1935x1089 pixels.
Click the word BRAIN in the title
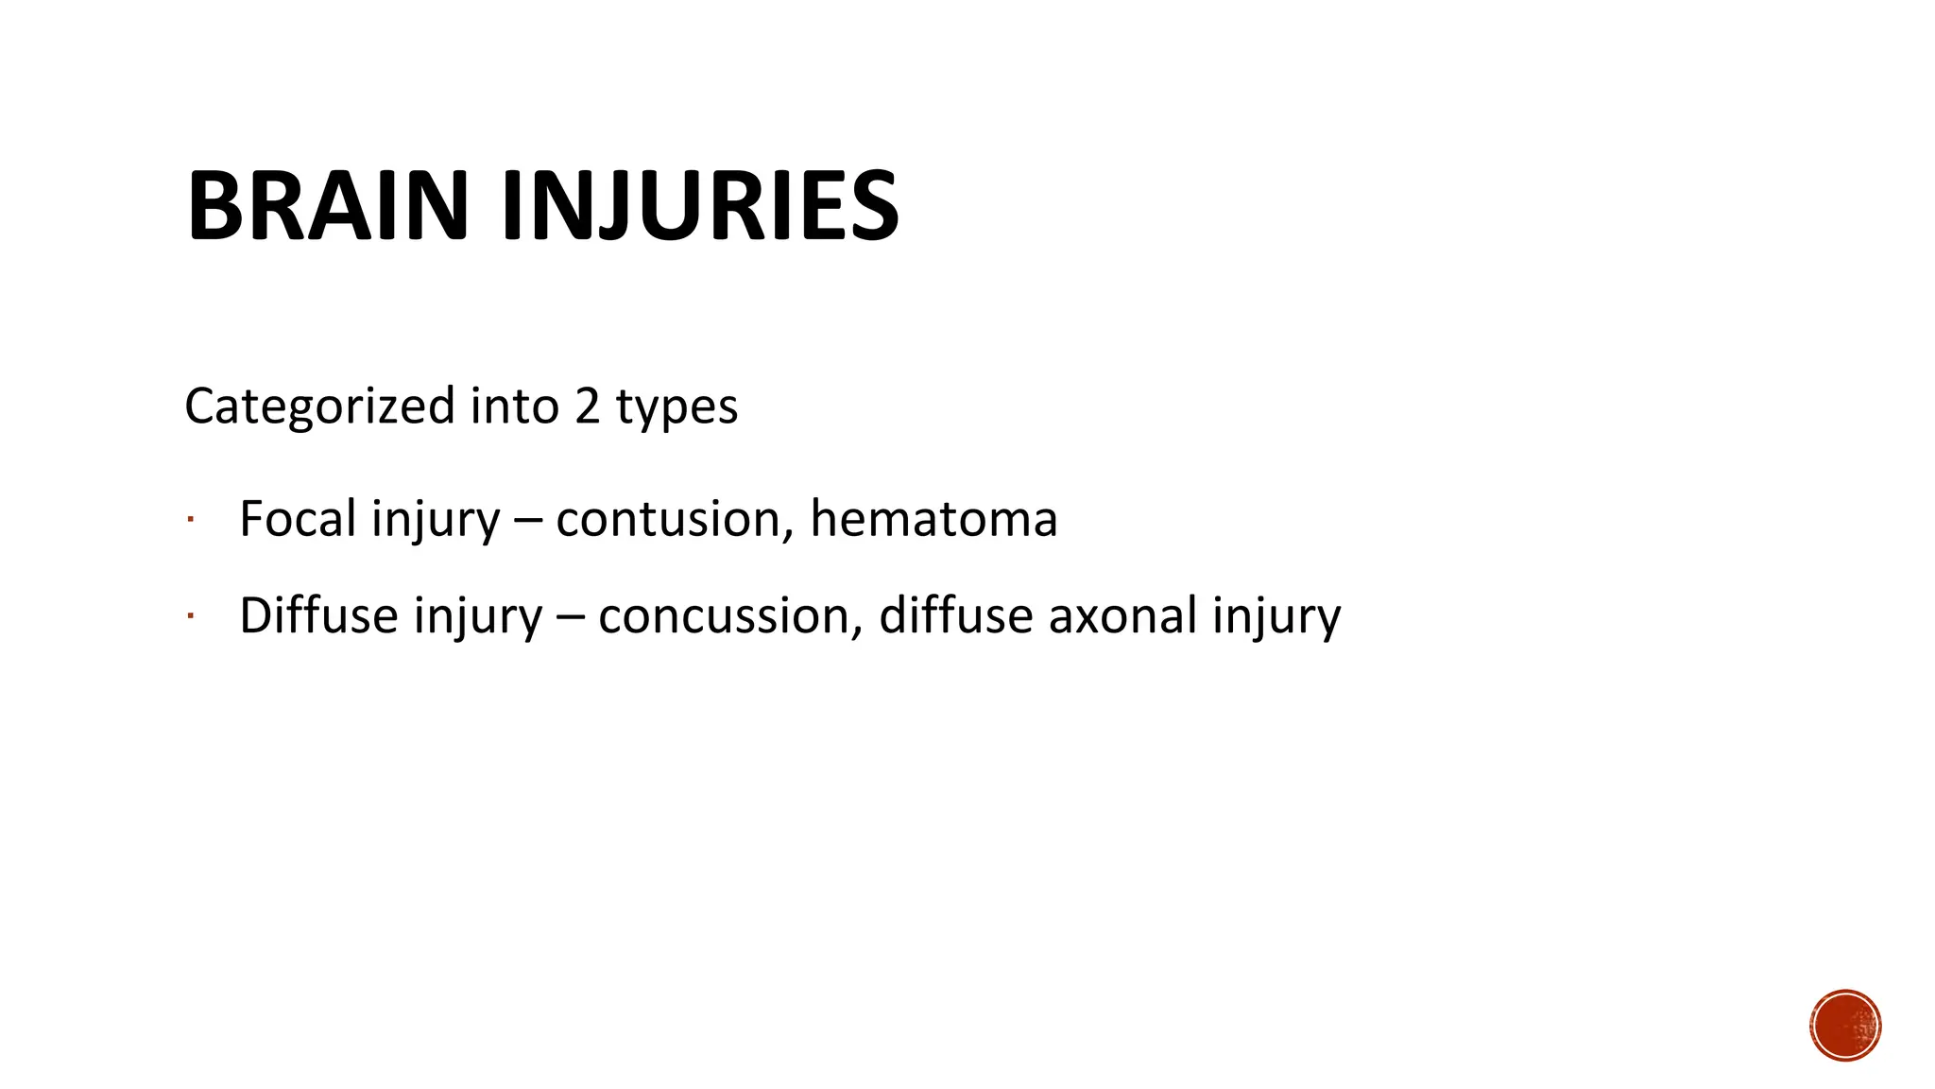(x=327, y=206)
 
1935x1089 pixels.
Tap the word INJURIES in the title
(x=699, y=206)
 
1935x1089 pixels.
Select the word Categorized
(x=319, y=406)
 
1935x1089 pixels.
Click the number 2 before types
(x=587, y=406)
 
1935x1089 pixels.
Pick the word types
(x=676, y=408)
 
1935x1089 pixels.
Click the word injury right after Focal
(x=435, y=520)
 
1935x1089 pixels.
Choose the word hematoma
(x=933, y=519)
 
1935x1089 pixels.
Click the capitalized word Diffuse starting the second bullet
(x=318, y=615)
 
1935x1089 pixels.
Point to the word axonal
(x=1122, y=615)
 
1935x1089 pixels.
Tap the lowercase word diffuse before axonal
(x=955, y=615)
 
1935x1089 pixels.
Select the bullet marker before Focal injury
(x=190, y=519)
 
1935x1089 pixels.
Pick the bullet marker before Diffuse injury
(x=190, y=616)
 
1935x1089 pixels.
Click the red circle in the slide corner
(x=1845, y=1026)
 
